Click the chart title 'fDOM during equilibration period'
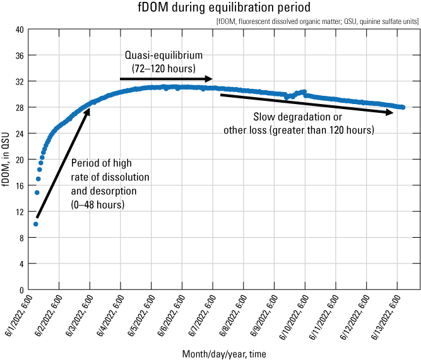click(210, 9)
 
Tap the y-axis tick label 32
click(20, 81)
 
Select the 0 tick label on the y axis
click(21, 289)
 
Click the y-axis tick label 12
click(20, 211)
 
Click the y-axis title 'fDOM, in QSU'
click(6, 159)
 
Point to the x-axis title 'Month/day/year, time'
click(224, 354)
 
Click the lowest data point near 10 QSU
click(36, 224)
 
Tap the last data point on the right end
click(402, 107)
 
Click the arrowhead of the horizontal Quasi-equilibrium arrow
click(210, 79)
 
